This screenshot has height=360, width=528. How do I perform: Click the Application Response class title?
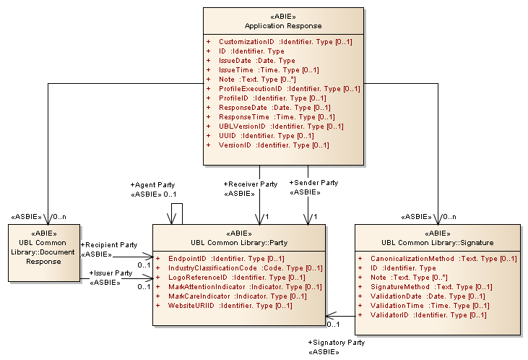[x=282, y=26]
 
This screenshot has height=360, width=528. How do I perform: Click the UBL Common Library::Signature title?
[x=438, y=242]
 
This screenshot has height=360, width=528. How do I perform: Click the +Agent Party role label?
[x=152, y=184]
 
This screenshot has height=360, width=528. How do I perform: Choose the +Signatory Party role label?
[x=336, y=343]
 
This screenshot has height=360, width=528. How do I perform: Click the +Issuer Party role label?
[x=111, y=273]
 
